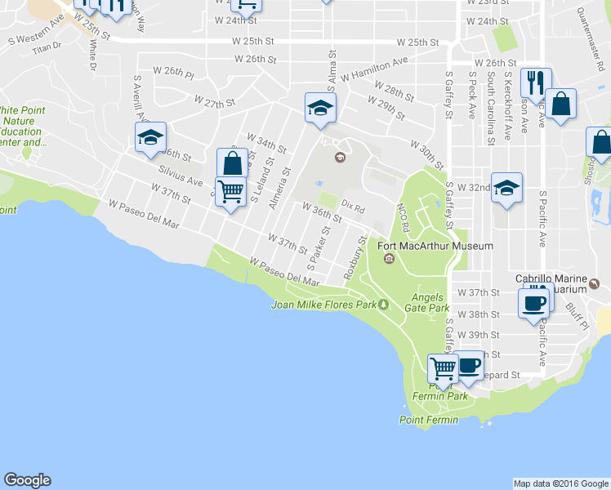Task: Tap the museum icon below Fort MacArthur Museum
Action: pyautogui.click(x=389, y=260)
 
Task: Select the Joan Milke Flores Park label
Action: pyautogui.click(x=323, y=305)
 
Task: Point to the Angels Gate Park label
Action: pyautogui.click(x=430, y=302)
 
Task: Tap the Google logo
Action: pyautogui.click(x=27, y=480)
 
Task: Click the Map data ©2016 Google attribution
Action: pyautogui.click(x=560, y=483)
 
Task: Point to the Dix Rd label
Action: pyautogui.click(x=353, y=207)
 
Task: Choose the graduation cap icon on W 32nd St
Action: pyautogui.click(x=506, y=188)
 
